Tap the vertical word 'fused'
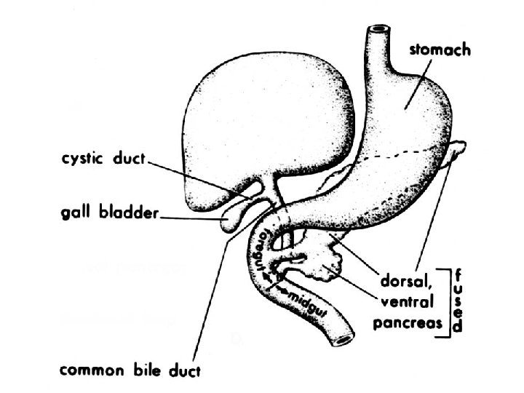point(457,301)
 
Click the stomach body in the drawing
point(408,116)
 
